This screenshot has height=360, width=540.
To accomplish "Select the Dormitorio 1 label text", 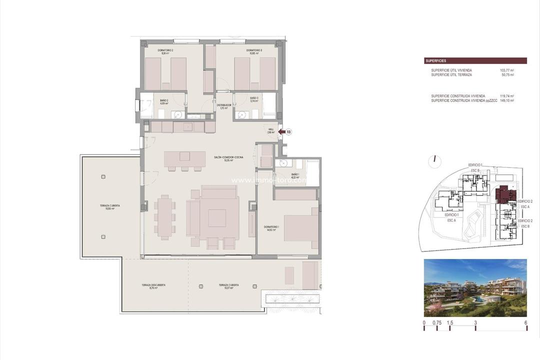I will pos(271,228).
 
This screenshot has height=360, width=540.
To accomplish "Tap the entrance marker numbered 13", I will pos(288,132).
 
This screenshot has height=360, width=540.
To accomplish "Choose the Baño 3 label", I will pos(254,99).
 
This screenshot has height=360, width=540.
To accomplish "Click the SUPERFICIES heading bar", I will pos(475,61).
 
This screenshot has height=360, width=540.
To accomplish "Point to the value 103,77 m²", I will pos(507,70).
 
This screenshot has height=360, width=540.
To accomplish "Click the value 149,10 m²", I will pos(507,100).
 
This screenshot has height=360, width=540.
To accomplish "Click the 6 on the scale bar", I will pos(526,323).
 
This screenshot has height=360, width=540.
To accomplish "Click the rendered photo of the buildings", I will pos(475,287).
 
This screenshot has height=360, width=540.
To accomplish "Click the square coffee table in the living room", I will pos(217,218).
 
